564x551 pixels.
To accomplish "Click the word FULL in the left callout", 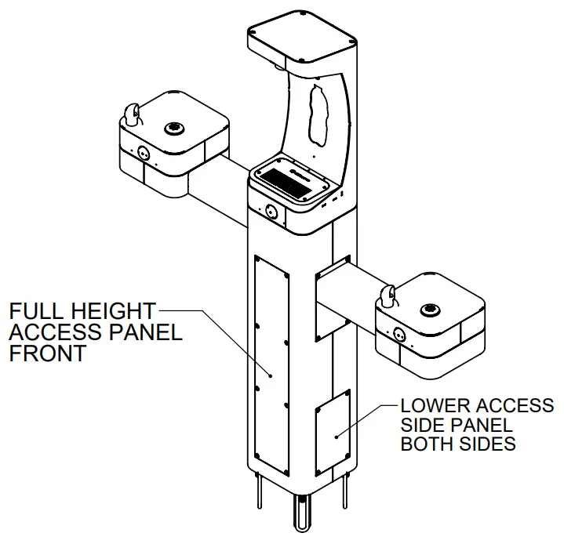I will pyautogui.click(x=34, y=310).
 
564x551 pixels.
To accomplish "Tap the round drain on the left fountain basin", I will pyautogui.click(x=172, y=126).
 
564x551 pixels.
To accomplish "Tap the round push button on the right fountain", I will pyautogui.click(x=398, y=333).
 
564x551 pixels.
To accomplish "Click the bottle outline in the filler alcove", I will pyautogui.click(x=318, y=114).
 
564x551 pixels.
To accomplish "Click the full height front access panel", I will pyautogui.click(x=271, y=361).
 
